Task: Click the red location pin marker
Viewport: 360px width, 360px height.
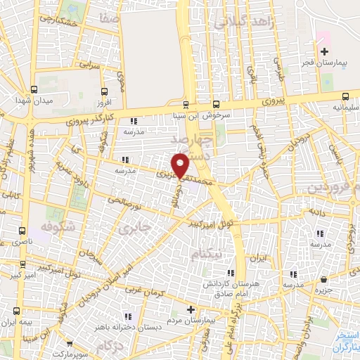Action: tap(181, 166)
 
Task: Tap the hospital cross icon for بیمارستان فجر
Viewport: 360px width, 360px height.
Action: tap(323, 52)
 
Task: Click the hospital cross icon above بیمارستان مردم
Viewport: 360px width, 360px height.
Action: tap(191, 309)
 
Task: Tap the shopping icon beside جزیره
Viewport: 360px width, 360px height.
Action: tap(323, 279)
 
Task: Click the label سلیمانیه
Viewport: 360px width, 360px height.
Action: tap(344, 108)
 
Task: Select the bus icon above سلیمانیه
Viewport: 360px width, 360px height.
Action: tap(345, 97)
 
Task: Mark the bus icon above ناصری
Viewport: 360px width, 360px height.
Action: tap(22, 230)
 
